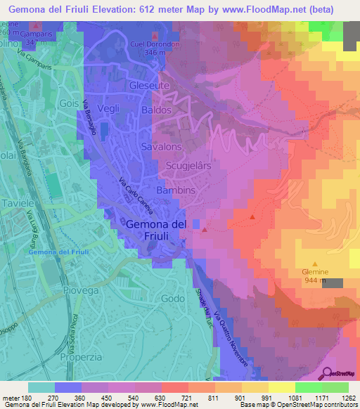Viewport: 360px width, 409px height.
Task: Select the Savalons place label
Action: click(x=162, y=146)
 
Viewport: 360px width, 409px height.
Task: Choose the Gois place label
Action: click(x=69, y=103)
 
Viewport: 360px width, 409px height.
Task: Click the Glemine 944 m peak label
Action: click(x=316, y=275)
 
